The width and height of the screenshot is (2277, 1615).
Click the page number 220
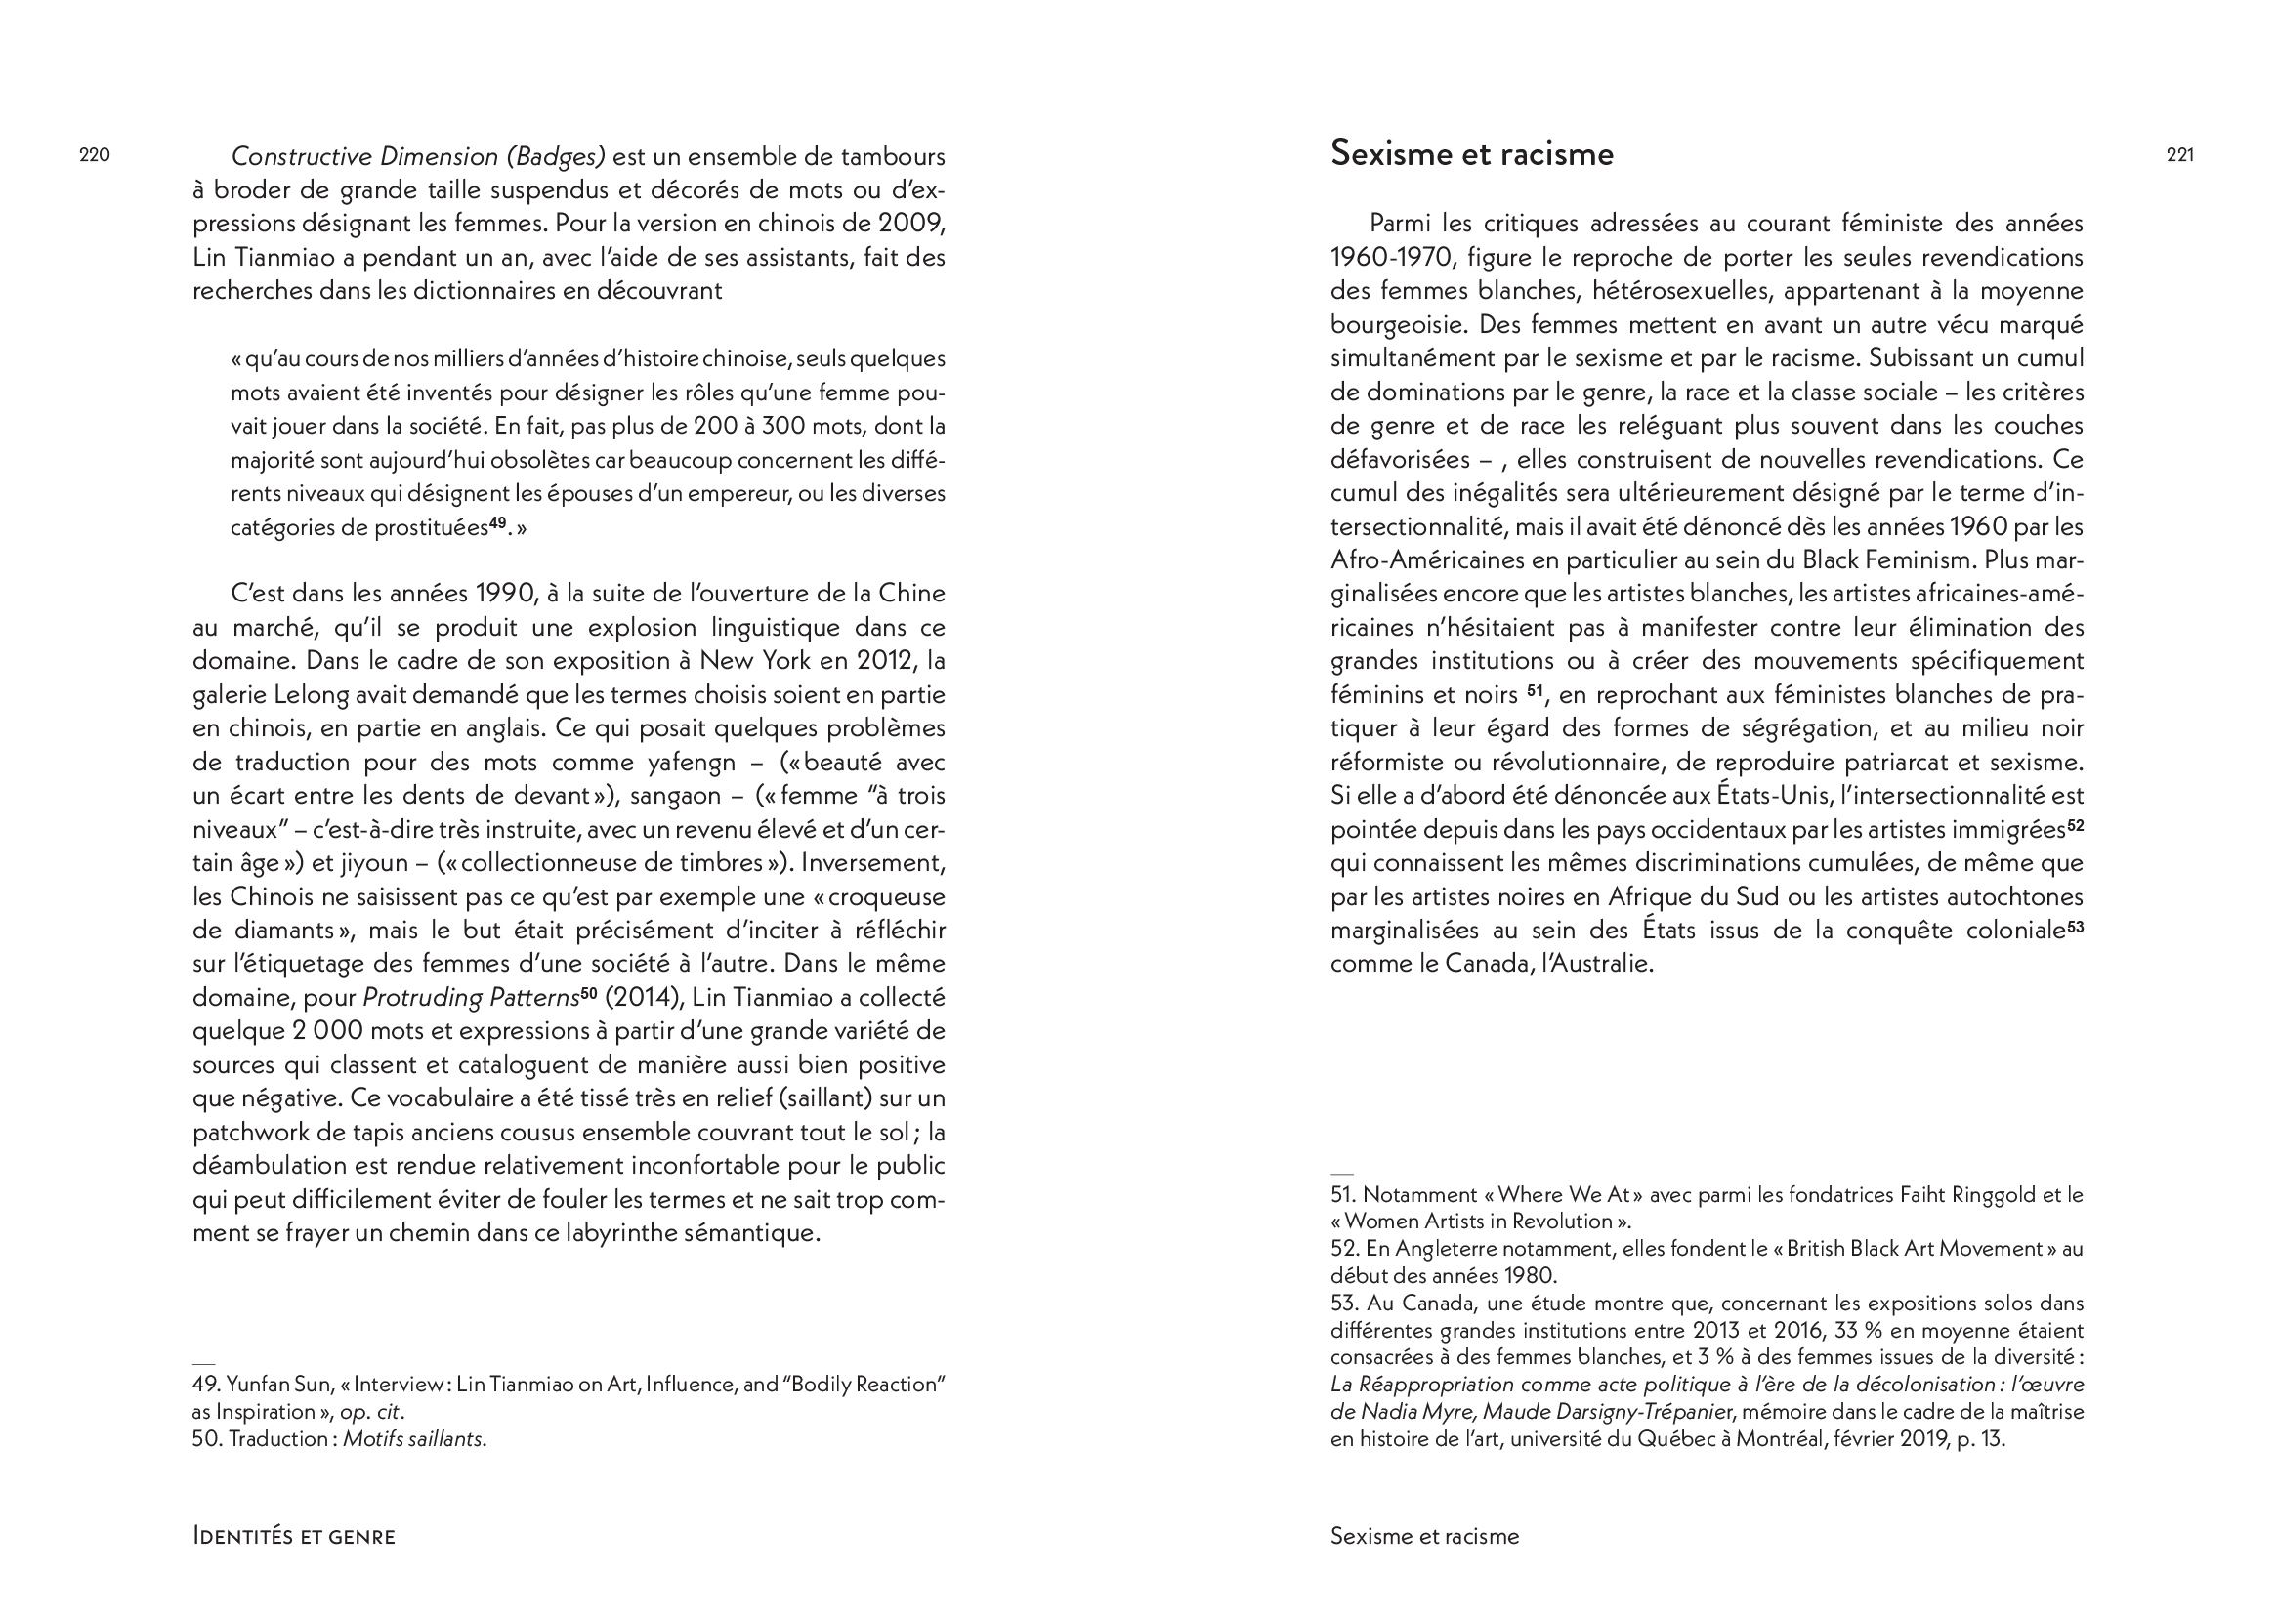[x=95, y=155]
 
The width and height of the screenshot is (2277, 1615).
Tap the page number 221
[x=2179, y=155]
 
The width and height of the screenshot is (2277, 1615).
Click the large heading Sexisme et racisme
[x=1471, y=154]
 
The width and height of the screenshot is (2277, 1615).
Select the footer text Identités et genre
[x=293, y=1536]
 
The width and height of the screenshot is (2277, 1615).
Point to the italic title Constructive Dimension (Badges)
[x=418, y=157]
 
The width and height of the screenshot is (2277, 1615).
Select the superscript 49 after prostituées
[x=497, y=522]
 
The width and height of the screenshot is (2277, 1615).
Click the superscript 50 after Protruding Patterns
[x=588, y=991]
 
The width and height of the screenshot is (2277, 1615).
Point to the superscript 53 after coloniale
[x=2074, y=925]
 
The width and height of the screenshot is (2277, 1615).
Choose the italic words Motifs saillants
[x=414, y=1439]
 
